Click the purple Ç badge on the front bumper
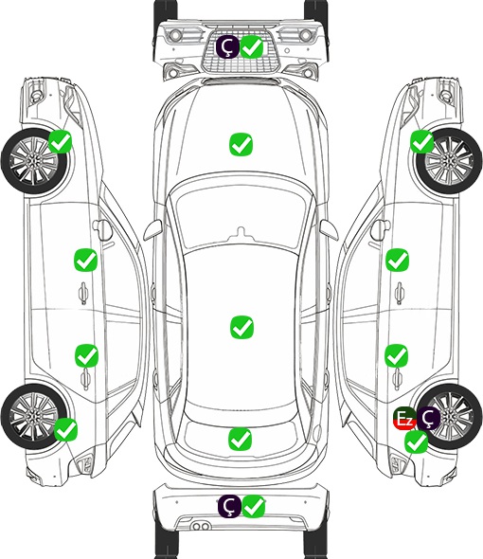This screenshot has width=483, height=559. tap(227, 46)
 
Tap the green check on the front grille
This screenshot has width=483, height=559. tap(252, 46)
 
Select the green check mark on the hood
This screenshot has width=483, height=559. tap(241, 144)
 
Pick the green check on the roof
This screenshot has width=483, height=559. tap(241, 327)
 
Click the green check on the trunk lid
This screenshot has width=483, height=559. tap(240, 440)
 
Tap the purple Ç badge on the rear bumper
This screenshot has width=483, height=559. tap(229, 506)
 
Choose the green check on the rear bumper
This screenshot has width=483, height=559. tap(254, 506)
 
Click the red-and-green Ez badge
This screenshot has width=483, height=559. tap(404, 419)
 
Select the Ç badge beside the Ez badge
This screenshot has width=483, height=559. tap(428, 419)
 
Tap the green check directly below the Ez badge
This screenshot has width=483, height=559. tap(416, 442)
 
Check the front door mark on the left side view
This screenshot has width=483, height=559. tap(85, 261)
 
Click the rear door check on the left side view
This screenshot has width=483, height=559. tap(86, 355)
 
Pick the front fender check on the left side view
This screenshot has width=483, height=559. tap(61, 141)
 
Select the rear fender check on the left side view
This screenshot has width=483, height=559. tap(65, 429)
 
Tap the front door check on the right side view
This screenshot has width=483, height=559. tap(397, 260)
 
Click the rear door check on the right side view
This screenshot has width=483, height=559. tap(396, 355)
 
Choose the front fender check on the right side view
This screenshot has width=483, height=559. tap(422, 141)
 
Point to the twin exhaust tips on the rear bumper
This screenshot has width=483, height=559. tap(201, 527)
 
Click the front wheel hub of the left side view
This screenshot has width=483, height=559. tap(33, 162)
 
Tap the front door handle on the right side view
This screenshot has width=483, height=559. tap(399, 293)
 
